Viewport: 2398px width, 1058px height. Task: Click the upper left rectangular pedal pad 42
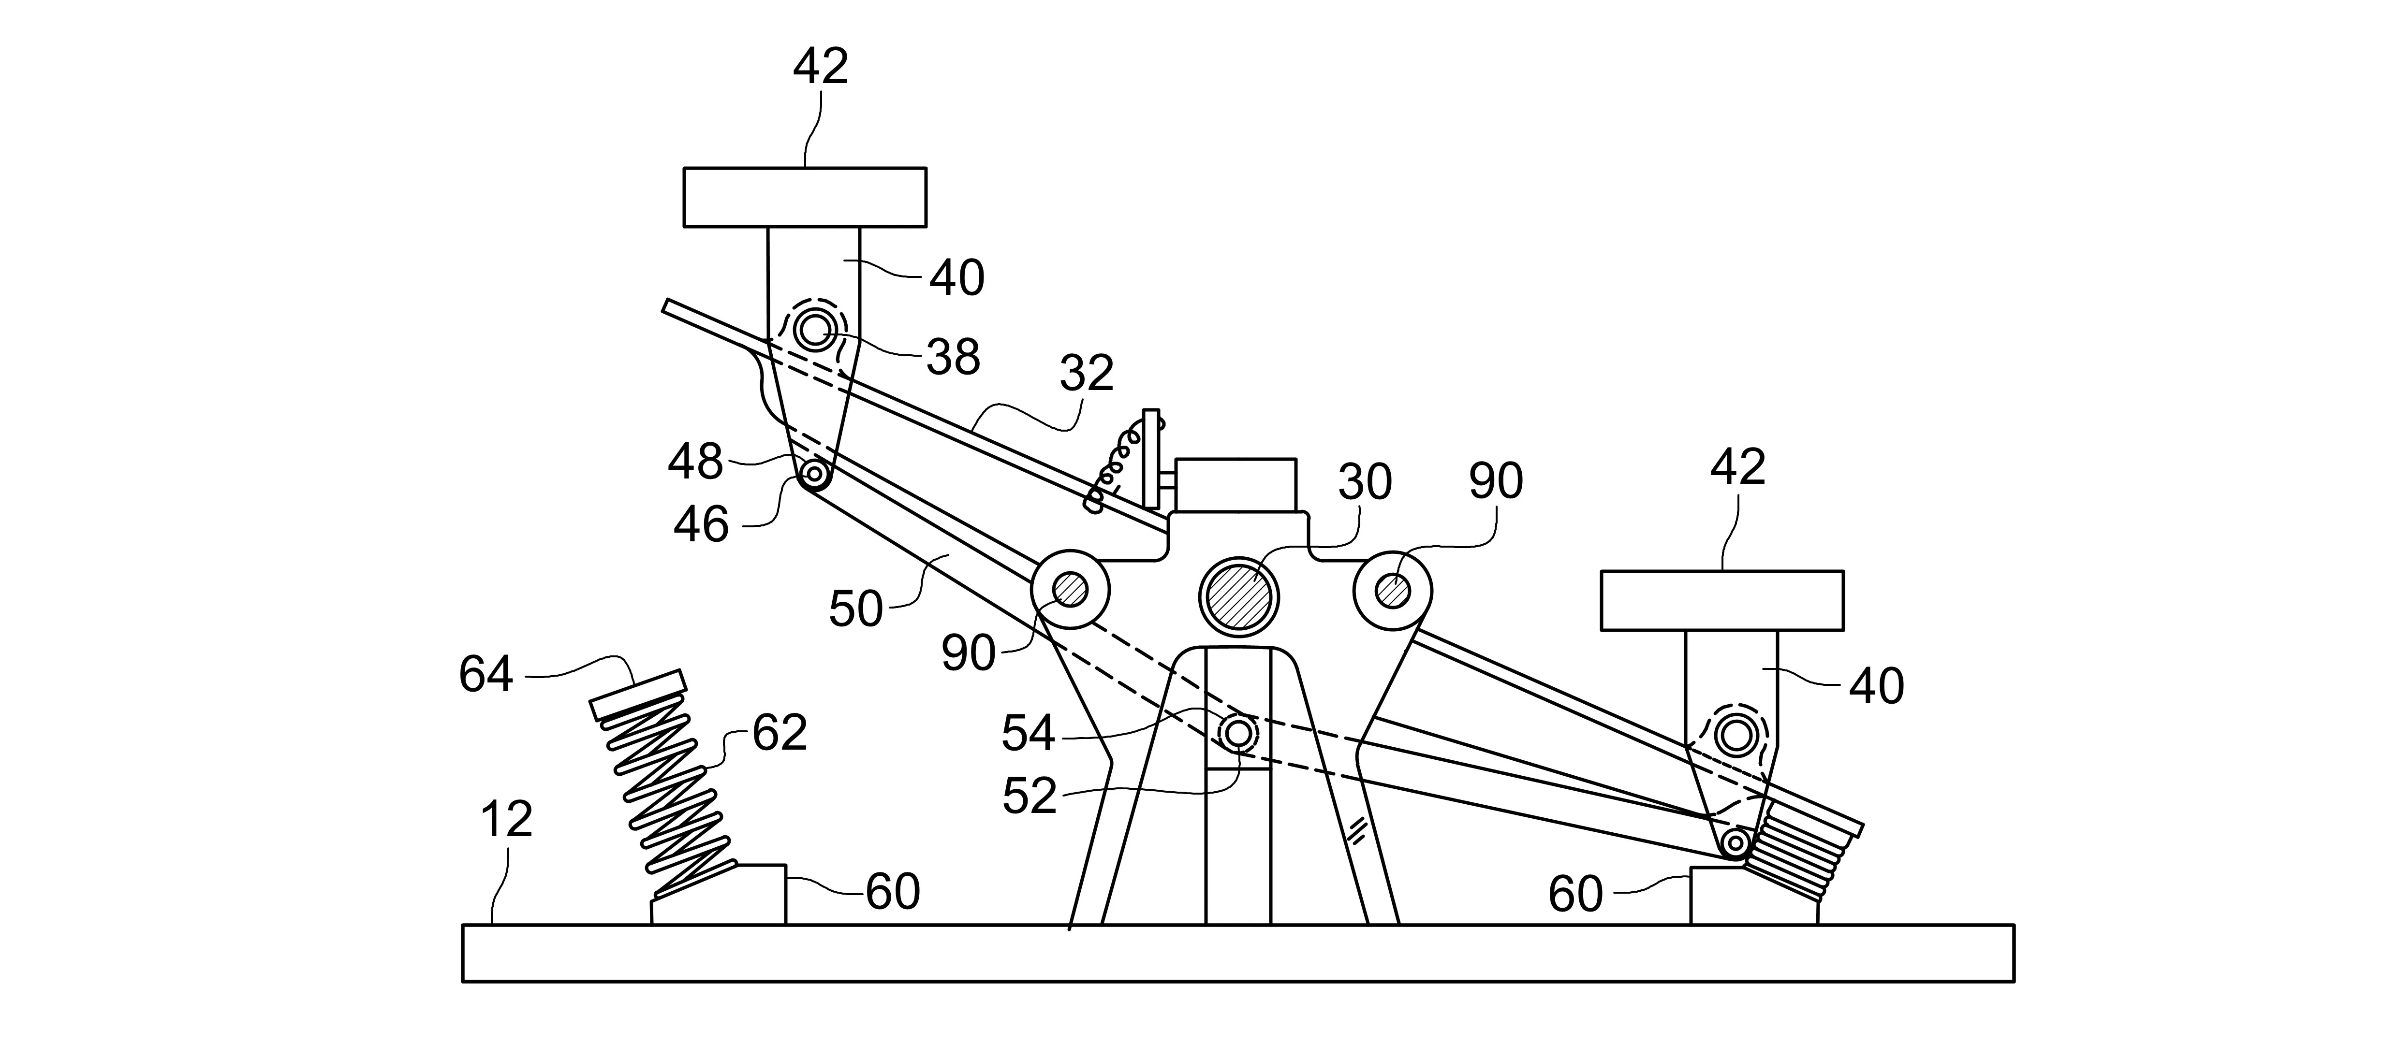[x=804, y=197]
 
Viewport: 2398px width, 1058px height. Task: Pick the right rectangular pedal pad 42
[x=1721, y=600]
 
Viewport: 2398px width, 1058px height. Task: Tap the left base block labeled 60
[x=719, y=895]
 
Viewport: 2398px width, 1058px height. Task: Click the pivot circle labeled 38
[x=815, y=330]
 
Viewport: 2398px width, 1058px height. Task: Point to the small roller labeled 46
[x=815, y=475]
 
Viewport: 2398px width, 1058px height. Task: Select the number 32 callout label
[x=1087, y=374]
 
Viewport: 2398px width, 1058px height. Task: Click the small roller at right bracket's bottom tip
[x=1735, y=843]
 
